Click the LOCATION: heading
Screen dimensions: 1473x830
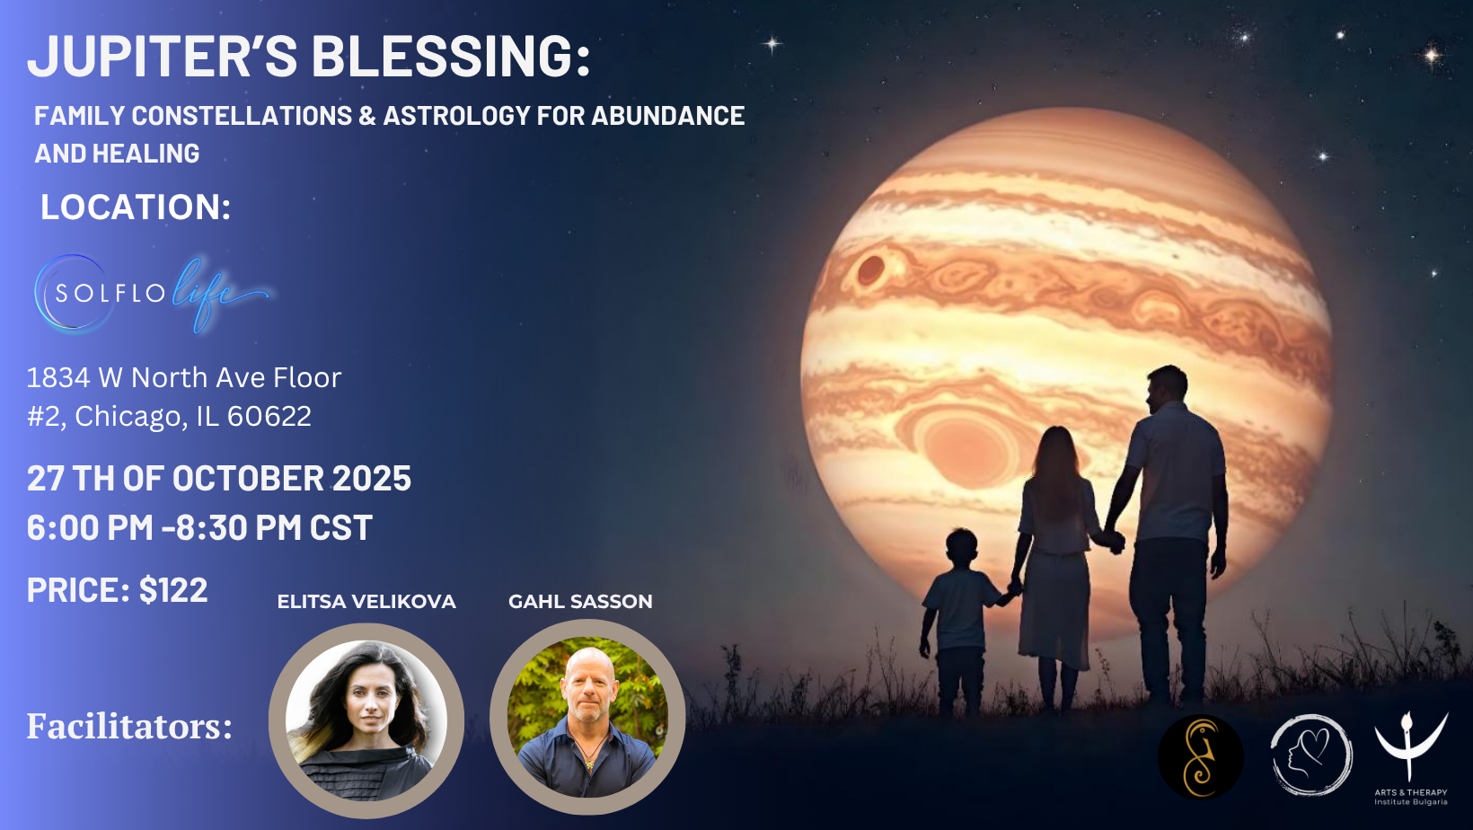(x=136, y=207)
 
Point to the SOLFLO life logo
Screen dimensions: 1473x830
(x=151, y=294)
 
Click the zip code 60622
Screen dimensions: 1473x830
(x=269, y=416)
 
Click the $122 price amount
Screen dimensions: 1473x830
(x=173, y=590)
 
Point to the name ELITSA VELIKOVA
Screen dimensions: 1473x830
(x=366, y=601)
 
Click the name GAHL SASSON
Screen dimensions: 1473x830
(x=580, y=601)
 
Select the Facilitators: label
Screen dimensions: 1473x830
(x=129, y=727)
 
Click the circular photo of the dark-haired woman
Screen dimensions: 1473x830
(x=366, y=720)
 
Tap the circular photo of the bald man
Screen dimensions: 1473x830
(x=588, y=718)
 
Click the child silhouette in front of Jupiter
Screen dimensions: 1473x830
(x=961, y=618)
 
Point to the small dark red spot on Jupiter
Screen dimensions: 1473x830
(x=870, y=269)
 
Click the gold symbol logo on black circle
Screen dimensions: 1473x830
(x=1201, y=757)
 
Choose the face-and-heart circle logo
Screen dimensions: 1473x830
(x=1311, y=755)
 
